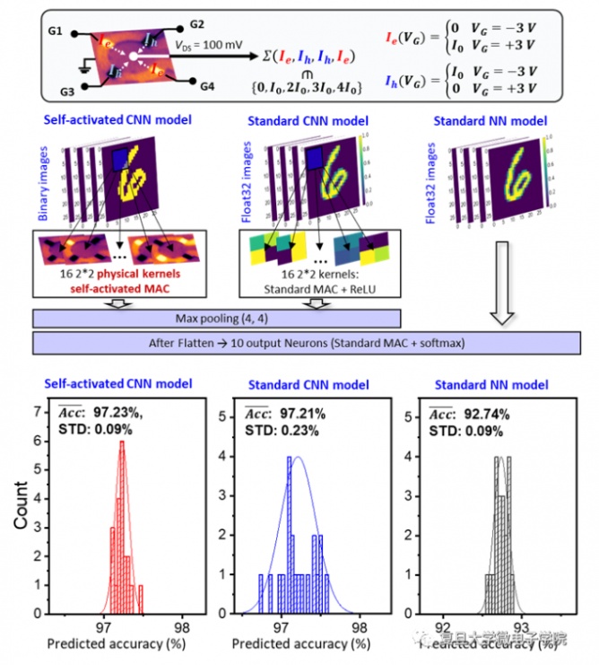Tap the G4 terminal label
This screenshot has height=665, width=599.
pyautogui.click(x=207, y=86)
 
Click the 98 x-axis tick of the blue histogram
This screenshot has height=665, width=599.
pyautogui.click(x=360, y=626)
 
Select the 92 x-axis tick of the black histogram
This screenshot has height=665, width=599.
pyautogui.click(x=444, y=626)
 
